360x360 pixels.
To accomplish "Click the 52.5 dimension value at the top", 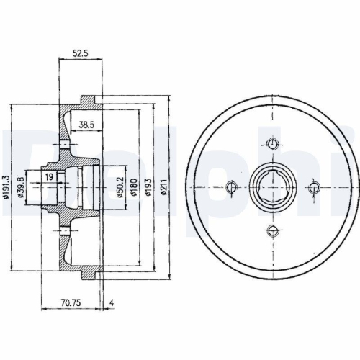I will (x=80, y=53).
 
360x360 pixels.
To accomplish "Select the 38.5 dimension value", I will (x=86, y=125).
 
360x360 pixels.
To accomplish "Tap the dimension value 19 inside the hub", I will (x=49, y=176).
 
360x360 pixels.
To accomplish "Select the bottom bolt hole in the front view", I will (x=272, y=230).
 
